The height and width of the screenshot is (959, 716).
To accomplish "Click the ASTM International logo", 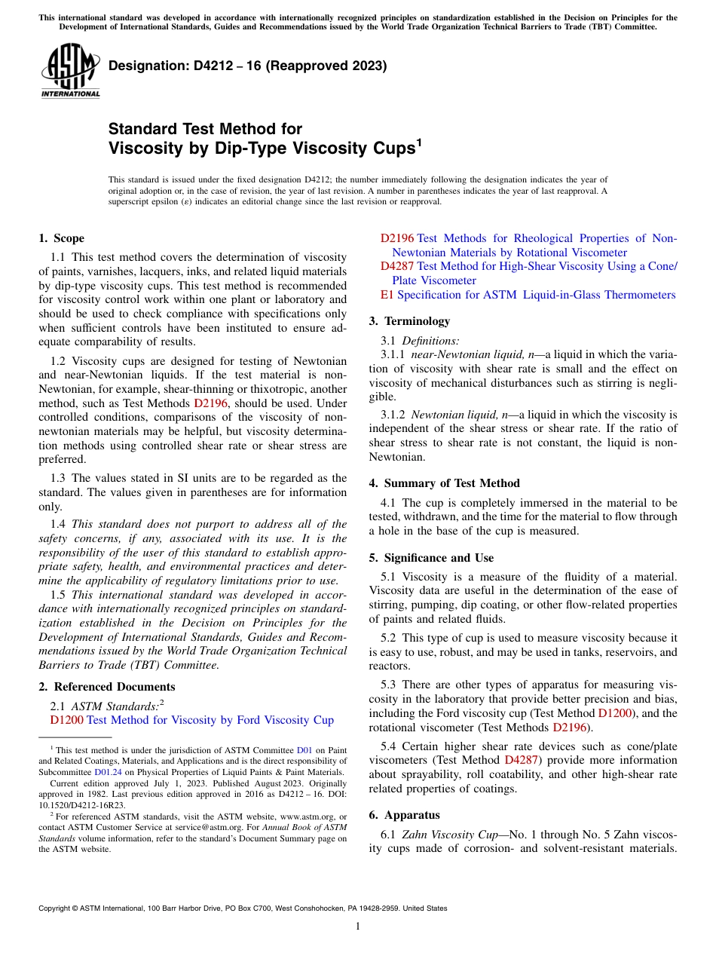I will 70,71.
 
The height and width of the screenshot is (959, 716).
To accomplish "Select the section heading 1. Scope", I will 61,238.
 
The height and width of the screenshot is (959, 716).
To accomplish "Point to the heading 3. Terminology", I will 409,321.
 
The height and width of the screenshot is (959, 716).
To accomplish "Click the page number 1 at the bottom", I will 358,926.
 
